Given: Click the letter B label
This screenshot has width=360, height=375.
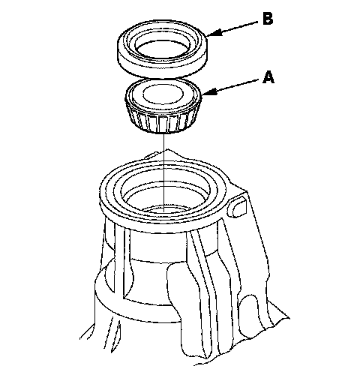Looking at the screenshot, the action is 268,19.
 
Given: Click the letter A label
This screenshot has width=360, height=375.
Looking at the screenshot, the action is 268,77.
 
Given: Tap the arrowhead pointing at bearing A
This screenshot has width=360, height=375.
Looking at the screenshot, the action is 209,91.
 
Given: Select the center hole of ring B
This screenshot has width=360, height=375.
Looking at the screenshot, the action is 163,49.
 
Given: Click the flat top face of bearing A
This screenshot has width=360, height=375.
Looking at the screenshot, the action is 163,94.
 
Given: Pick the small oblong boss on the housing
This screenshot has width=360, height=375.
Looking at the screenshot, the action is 237,207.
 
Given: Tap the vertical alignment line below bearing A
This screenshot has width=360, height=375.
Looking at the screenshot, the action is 163,172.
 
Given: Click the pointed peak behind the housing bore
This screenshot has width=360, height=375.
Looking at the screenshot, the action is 167,151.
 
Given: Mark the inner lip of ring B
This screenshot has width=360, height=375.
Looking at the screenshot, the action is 163,43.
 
